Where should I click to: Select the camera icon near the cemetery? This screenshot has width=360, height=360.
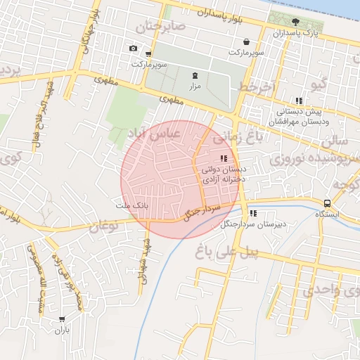pyautogui.click(x=134, y=49)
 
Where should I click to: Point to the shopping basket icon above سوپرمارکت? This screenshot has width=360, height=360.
pyautogui.click(x=245, y=41)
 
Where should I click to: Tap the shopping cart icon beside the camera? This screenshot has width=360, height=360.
pyautogui.click(x=148, y=53)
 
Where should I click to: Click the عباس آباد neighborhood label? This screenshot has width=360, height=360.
pyautogui.click(x=155, y=132)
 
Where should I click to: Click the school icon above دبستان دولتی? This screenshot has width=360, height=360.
pyautogui.click(x=224, y=158)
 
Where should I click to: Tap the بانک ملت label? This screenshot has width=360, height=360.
pyautogui.click(x=132, y=205)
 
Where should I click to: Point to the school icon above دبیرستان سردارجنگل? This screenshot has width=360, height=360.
pyautogui.click(x=253, y=213)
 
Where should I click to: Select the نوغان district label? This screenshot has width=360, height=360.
pyautogui.click(x=103, y=226)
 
